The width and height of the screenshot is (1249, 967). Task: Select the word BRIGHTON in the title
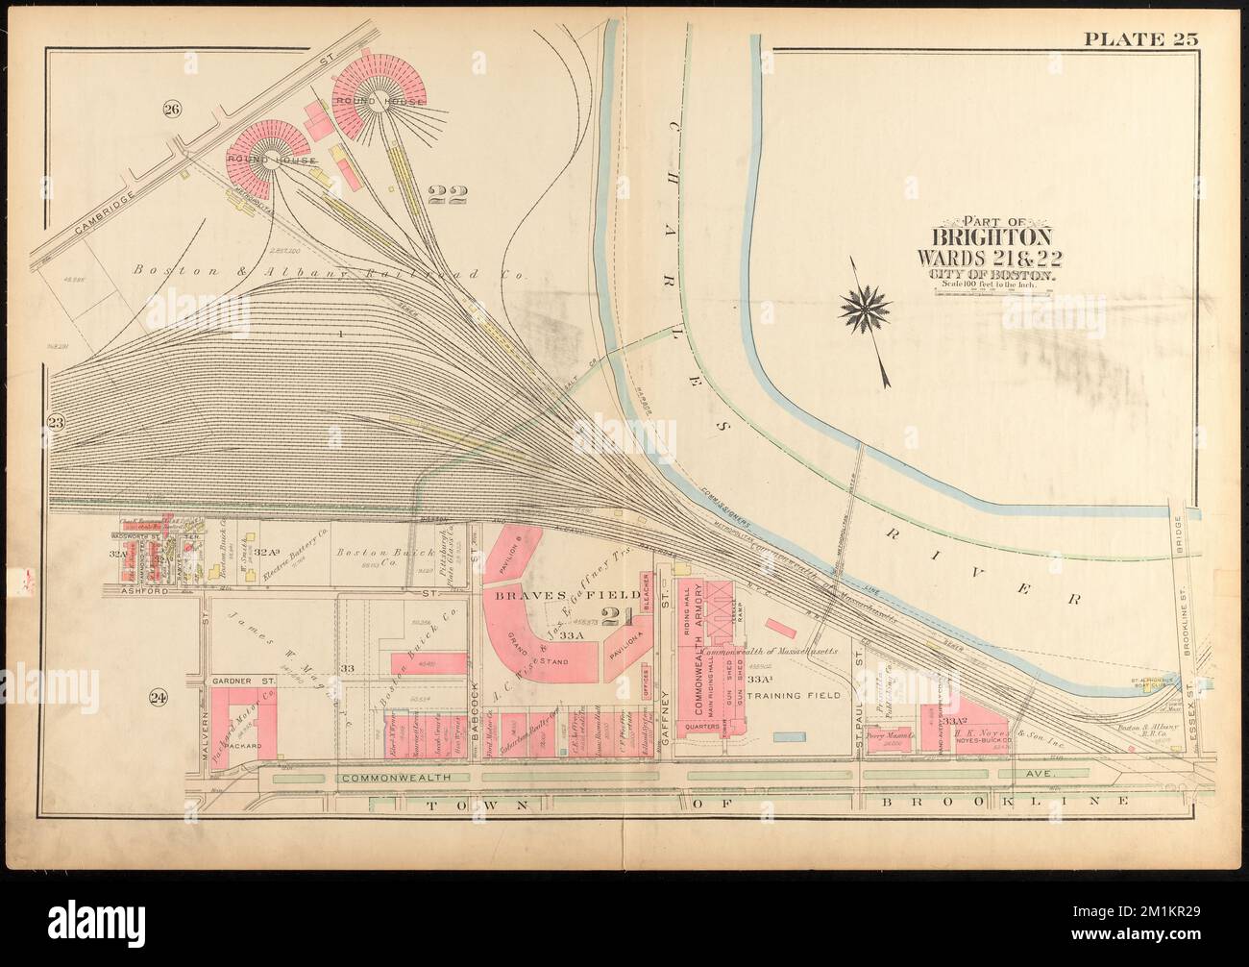pos(991,236)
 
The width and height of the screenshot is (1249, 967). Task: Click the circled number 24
pos(160,699)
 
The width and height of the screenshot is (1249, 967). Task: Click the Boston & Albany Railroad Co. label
pos(326,274)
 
